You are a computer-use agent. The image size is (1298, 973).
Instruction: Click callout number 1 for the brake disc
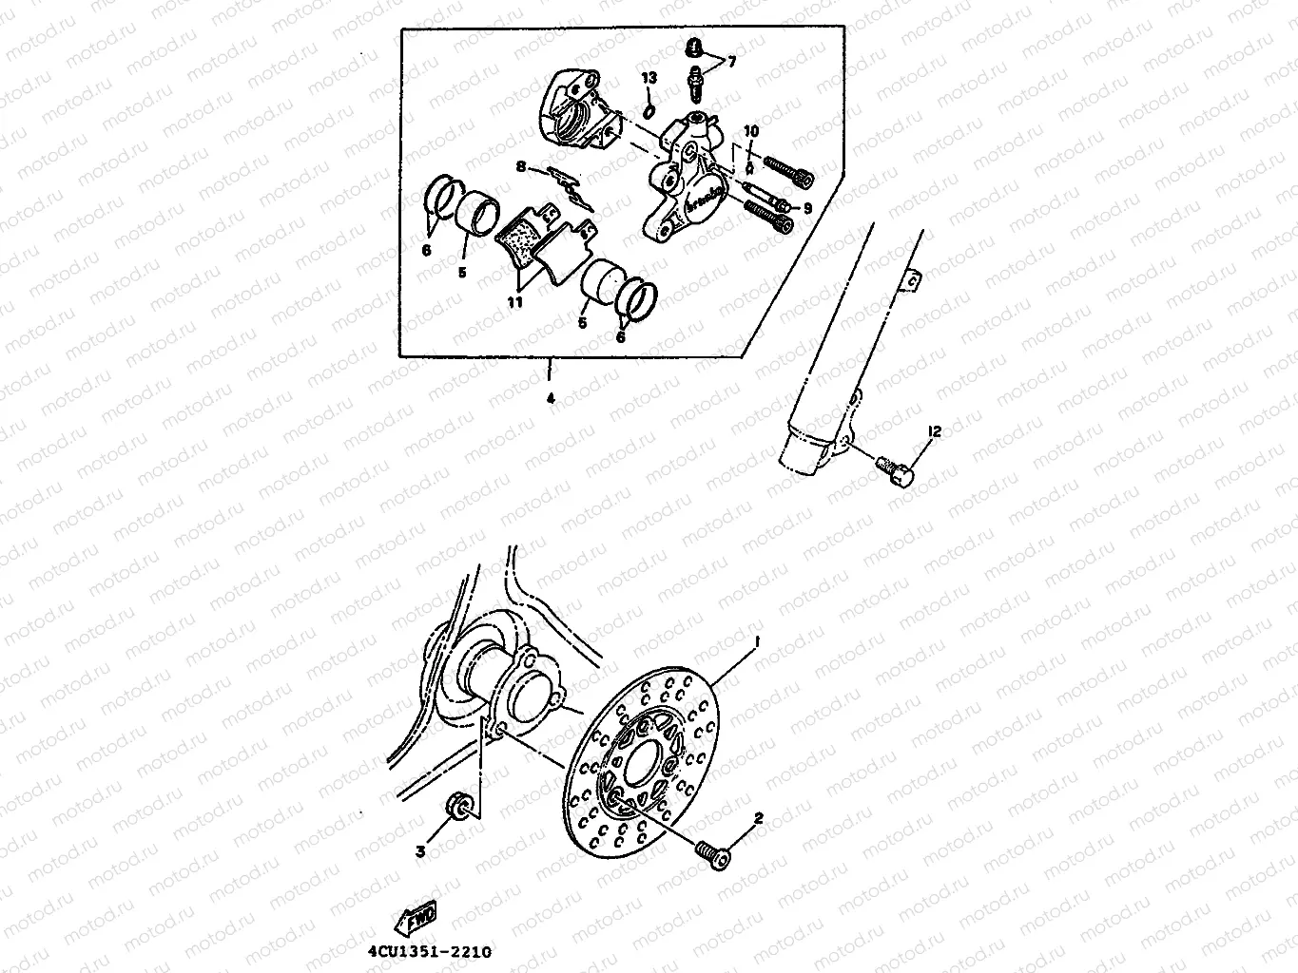[x=757, y=643]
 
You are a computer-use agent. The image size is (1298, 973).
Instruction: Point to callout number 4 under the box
[x=550, y=399]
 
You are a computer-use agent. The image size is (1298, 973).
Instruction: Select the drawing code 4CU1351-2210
[x=430, y=949]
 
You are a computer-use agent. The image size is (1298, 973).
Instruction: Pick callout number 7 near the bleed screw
[x=731, y=62]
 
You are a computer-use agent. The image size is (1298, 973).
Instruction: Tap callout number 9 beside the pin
[x=807, y=207]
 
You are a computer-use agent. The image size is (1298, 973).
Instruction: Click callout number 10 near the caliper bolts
[x=750, y=130]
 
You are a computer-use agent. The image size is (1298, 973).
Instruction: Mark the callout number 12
[x=934, y=431]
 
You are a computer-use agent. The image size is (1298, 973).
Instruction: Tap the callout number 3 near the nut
[x=420, y=852]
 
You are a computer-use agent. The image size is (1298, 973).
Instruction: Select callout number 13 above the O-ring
[x=649, y=77]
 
